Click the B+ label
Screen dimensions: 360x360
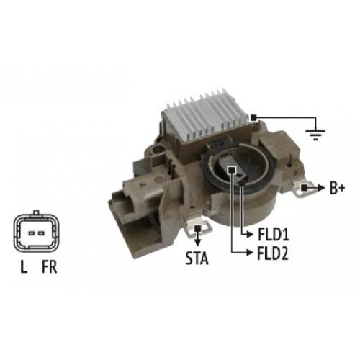coord(338,188)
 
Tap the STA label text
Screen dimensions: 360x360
coord(197,258)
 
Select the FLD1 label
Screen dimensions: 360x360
coord(273,235)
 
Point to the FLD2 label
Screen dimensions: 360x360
coord(273,253)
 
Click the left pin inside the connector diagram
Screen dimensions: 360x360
coord(32,233)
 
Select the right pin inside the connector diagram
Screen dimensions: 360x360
coord(41,233)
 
